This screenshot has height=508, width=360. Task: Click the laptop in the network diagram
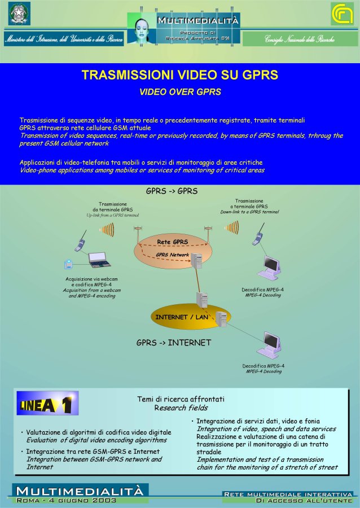(99, 260)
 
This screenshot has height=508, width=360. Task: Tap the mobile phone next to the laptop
(81, 242)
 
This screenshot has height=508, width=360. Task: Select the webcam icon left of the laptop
(69, 264)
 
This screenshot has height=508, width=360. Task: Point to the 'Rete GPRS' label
(172, 242)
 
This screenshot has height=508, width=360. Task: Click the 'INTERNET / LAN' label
(178, 317)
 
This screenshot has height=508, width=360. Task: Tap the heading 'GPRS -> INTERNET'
(174, 343)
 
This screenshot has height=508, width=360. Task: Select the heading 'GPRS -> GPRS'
(172, 191)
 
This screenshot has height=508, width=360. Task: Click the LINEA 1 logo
(47, 404)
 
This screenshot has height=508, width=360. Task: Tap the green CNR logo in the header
(341, 14)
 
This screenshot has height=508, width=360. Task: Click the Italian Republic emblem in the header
(19, 14)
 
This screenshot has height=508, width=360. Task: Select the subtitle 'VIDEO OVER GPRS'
(180, 91)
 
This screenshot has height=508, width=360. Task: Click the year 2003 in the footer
(104, 500)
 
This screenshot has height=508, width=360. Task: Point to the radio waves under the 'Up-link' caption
(107, 230)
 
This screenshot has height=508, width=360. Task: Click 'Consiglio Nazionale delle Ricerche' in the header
(300, 39)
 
